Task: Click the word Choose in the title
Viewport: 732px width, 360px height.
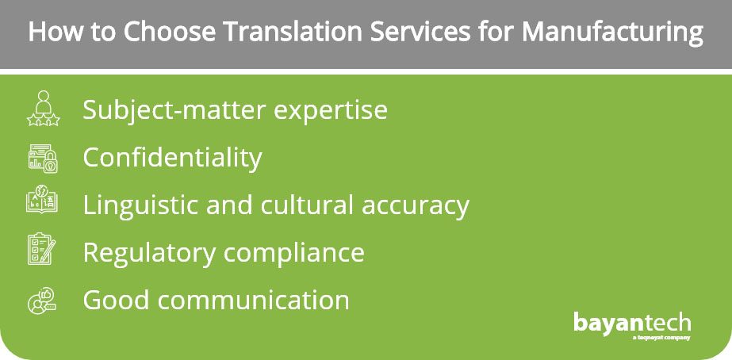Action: [169, 32]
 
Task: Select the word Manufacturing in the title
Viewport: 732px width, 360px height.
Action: [612, 33]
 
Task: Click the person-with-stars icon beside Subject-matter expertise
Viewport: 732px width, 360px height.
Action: [44, 109]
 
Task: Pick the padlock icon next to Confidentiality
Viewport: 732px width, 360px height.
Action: [43, 159]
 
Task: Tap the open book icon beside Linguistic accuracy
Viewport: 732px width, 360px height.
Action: [43, 200]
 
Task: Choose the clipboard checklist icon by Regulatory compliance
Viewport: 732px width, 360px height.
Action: [42, 249]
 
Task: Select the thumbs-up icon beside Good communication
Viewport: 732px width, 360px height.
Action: [42, 301]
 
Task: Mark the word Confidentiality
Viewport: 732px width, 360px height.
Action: [172, 158]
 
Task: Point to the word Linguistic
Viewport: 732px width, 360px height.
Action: [140, 205]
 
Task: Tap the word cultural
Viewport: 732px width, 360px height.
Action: [306, 205]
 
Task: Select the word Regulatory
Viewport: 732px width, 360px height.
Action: [149, 253]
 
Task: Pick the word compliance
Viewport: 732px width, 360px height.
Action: [293, 253]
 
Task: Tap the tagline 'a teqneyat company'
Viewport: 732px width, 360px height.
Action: [661, 337]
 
